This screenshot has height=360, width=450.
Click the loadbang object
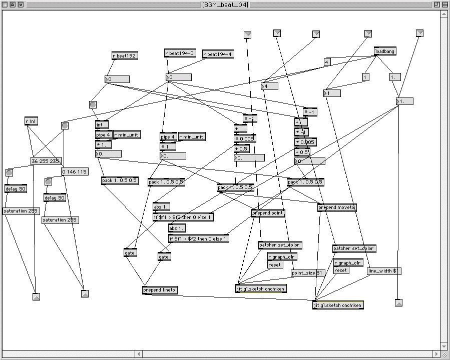click(385, 51)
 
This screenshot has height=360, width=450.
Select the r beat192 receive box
click(125, 56)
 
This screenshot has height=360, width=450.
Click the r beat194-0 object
click(180, 53)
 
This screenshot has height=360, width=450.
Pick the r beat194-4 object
click(218, 54)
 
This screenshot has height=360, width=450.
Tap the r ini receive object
click(31, 121)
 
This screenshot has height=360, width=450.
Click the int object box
click(102, 125)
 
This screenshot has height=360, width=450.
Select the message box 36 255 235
click(45, 161)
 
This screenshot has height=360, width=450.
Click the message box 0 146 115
click(74, 171)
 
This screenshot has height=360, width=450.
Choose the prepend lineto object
click(160, 290)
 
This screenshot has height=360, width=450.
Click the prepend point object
click(268, 213)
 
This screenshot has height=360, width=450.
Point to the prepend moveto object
click(337, 207)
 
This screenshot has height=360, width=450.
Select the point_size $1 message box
click(308, 273)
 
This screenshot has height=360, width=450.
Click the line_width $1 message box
click(384, 271)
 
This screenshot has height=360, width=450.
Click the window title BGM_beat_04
click(225, 4)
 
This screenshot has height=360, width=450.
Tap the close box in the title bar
click(5, 4)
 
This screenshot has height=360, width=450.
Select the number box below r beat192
click(117, 79)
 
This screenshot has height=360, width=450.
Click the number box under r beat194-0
click(178, 77)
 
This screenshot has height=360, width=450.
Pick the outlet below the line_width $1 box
click(398, 302)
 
